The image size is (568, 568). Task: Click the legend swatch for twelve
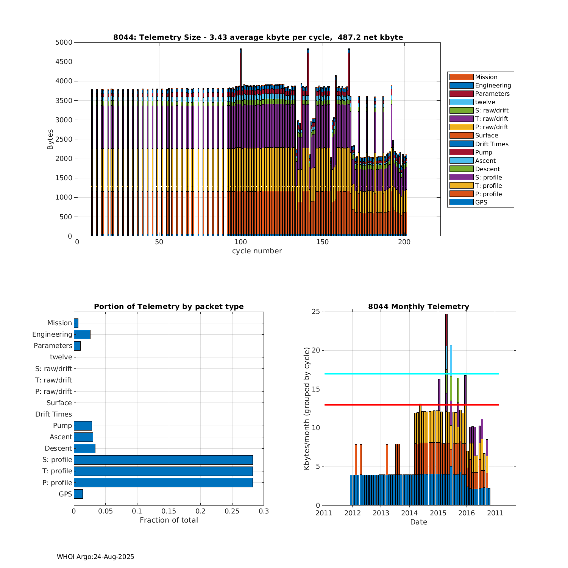click(461, 102)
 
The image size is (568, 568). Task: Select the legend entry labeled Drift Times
click(492, 144)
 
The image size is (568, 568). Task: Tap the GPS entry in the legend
click(481, 202)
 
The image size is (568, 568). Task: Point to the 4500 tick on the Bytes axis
click(64, 62)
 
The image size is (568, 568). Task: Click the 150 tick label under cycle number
click(323, 242)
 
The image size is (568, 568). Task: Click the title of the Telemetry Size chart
click(258, 37)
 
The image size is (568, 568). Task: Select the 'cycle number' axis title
click(257, 251)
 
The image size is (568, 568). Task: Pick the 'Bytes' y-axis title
click(50, 139)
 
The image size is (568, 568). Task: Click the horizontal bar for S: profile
click(163, 460)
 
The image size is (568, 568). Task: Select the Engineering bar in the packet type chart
click(82, 334)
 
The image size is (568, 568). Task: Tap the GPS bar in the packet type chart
click(78, 494)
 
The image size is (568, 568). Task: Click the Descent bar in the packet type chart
click(84, 448)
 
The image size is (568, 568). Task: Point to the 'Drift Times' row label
click(53, 414)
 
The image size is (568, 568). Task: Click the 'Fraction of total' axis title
click(169, 520)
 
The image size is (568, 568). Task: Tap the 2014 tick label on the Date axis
click(409, 513)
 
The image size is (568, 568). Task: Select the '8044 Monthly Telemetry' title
click(418, 306)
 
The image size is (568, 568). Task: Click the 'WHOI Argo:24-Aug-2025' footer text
click(95, 557)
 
